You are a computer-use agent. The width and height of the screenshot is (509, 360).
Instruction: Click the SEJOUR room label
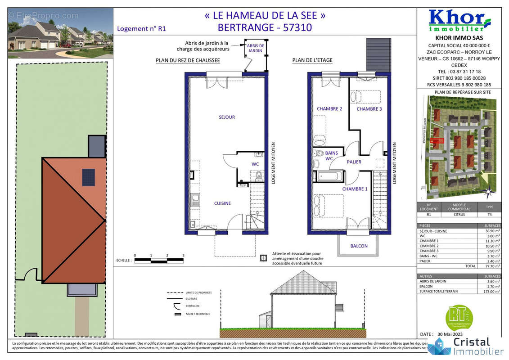(x=227, y=117)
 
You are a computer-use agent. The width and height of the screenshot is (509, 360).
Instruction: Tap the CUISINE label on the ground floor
(x=222, y=203)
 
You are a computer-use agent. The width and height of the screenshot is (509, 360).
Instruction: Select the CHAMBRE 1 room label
(x=355, y=189)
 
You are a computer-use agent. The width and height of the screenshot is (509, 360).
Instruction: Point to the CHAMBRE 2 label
(x=329, y=109)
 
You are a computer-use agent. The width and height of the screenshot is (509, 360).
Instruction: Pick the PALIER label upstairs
(x=354, y=162)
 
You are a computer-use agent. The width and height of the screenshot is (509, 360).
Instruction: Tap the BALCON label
(x=359, y=246)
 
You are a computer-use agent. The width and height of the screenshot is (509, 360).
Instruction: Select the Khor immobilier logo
(x=459, y=21)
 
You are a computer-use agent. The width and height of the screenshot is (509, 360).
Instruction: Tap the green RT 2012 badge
(x=459, y=317)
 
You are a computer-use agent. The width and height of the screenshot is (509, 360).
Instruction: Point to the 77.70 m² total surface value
(x=489, y=266)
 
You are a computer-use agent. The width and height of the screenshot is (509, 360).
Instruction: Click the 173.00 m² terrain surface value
(x=489, y=291)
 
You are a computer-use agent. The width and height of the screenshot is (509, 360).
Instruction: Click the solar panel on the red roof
(x=88, y=177)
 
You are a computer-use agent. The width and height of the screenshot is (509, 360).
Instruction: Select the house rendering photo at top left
(x=60, y=33)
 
